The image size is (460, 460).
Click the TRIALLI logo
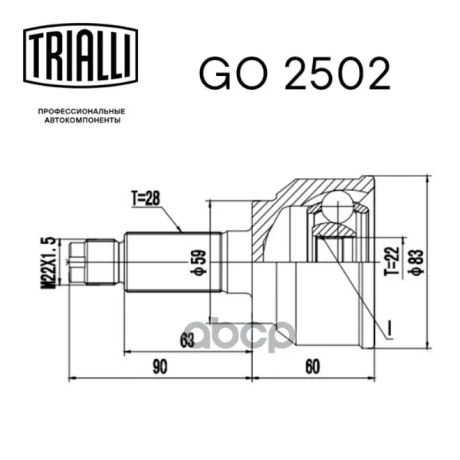click(80, 55)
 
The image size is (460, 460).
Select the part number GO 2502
click(294, 74)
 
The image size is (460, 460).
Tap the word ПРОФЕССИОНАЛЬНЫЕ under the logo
click(81, 111)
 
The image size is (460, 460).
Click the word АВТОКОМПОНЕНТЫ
click(83, 120)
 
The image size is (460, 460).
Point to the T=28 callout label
click(146, 198)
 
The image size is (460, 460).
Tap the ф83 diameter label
click(418, 262)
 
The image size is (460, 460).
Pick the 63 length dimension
click(187, 340)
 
